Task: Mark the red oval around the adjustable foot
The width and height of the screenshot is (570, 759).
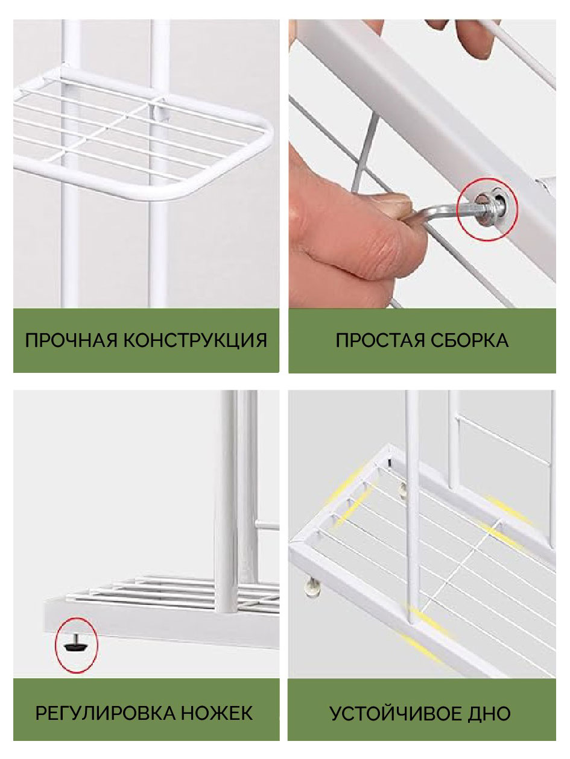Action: (77, 623)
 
